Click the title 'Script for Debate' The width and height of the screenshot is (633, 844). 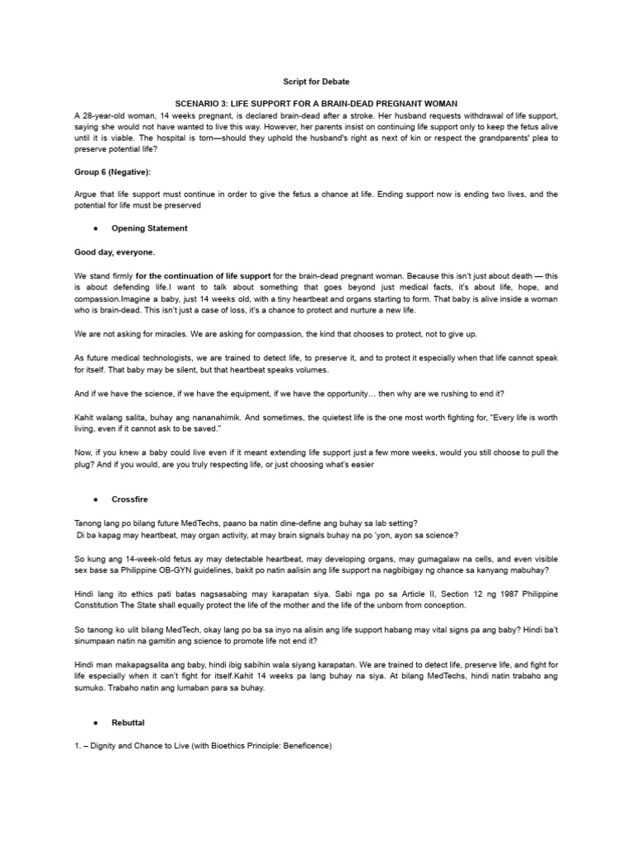pyautogui.click(x=316, y=82)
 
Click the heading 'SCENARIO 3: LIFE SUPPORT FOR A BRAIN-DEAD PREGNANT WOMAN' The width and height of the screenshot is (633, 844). pyautogui.click(x=316, y=105)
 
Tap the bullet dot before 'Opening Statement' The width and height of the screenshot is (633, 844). pyautogui.click(x=96, y=228)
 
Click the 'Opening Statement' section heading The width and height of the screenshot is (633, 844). pyautogui.click(x=149, y=228)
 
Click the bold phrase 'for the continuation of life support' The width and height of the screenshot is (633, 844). pyautogui.click(x=197, y=276)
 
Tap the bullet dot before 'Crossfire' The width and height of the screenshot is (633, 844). pyautogui.click(x=96, y=499)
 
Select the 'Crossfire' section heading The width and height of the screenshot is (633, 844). pyautogui.click(x=130, y=499)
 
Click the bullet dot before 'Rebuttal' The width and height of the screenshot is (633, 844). pyautogui.click(x=96, y=723)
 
